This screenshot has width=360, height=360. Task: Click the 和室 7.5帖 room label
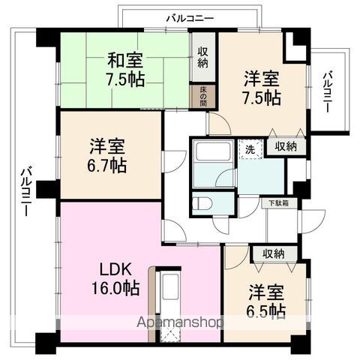pos(124,68)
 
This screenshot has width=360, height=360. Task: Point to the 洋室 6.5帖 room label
pos(265,300)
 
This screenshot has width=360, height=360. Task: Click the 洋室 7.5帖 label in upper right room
pos(260,88)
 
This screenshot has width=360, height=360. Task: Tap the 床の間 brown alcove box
pos(203,96)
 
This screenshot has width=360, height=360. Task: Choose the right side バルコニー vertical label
pos(328,91)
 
